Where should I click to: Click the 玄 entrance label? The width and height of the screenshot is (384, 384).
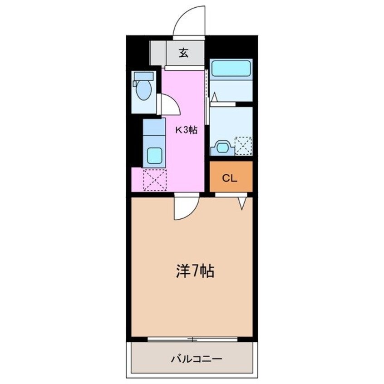[x=183, y=53]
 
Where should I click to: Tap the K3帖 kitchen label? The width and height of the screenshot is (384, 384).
[x=187, y=130]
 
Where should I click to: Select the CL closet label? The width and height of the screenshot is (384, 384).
[x=230, y=178]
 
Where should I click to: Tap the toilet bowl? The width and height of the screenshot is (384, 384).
[x=143, y=91]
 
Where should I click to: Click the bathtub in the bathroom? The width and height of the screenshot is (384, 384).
[x=231, y=69]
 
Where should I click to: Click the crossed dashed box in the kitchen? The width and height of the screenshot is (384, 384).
[x=155, y=180]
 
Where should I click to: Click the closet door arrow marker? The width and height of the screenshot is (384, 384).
[x=243, y=202]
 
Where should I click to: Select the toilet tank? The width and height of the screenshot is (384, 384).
[x=143, y=76]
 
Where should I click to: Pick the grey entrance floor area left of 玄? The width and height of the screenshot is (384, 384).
[x=158, y=53]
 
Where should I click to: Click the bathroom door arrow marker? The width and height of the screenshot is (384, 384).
[x=214, y=97]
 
